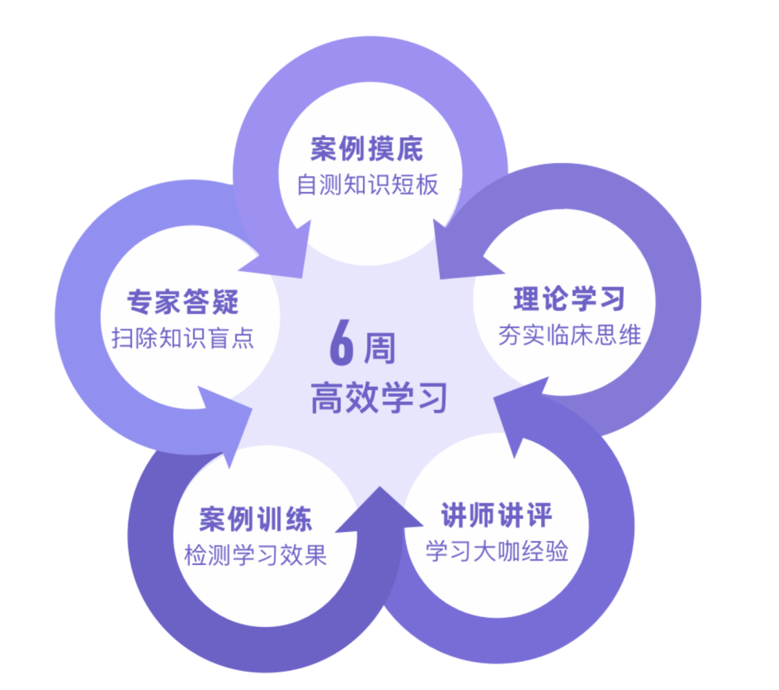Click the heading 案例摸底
click(x=367, y=149)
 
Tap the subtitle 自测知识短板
click(x=367, y=185)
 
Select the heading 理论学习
click(x=569, y=300)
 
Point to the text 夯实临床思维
click(x=569, y=335)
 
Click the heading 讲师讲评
click(x=497, y=516)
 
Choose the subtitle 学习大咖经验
click(x=497, y=551)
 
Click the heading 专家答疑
click(x=183, y=301)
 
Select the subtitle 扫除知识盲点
click(x=183, y=338)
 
